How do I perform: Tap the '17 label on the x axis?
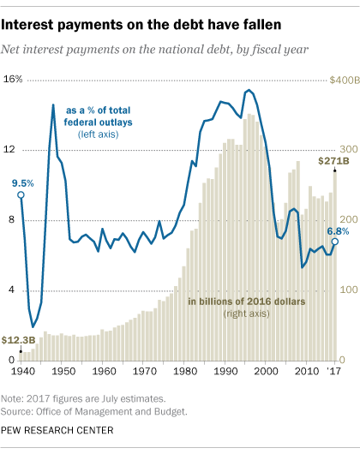tap(333, 373)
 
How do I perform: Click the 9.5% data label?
tap(22, 182)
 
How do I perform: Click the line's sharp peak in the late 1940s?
tap(53, 105)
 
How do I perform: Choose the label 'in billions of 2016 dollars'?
tap(242, 302)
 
